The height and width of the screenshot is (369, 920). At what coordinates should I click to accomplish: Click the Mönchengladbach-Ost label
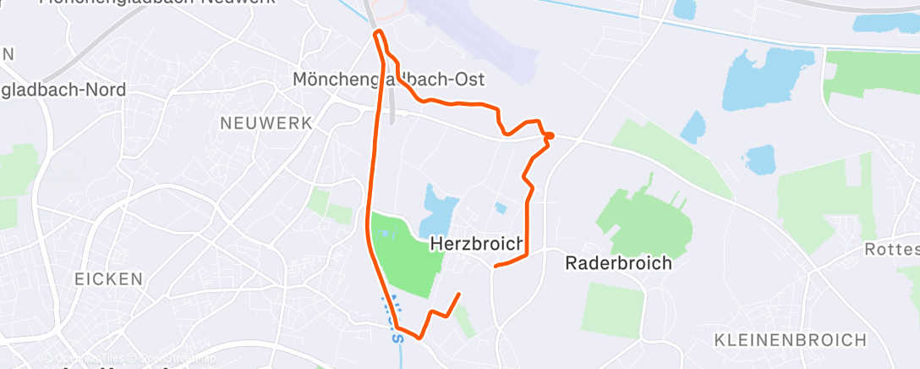point(388,80)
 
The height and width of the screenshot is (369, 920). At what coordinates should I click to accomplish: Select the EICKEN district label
point(107,278)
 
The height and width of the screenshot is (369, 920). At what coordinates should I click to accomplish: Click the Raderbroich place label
point(618,263)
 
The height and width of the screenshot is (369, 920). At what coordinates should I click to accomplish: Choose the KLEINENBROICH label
point(791,340)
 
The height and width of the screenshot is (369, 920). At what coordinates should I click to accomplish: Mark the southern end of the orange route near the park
point(459,295)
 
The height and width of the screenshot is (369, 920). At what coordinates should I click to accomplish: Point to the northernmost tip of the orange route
point(379,31)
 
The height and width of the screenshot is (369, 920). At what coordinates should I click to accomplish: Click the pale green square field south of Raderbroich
point(612,310)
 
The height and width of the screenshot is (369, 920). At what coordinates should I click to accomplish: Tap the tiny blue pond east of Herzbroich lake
point(501,207)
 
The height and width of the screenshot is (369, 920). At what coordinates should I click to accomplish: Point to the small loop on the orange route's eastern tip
point(549,135)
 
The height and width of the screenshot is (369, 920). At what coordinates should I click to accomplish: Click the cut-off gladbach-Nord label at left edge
point(63,90)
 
